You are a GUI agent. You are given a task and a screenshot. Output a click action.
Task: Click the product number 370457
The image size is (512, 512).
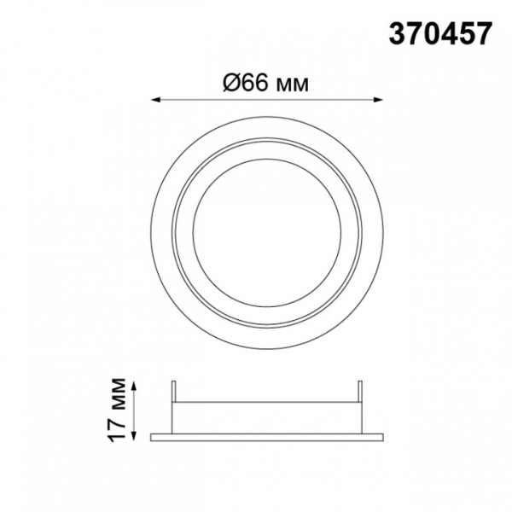[x=439, y=33]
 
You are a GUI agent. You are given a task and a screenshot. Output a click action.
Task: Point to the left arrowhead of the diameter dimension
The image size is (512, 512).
[x=154, y=100]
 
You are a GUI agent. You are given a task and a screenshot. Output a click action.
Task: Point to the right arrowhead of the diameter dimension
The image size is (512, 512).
[x=379, y=100]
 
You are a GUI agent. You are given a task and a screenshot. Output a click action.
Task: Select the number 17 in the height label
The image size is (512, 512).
[x=118, y=429]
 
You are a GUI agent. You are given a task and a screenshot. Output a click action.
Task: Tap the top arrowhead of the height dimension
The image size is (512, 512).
[x=134, y=387]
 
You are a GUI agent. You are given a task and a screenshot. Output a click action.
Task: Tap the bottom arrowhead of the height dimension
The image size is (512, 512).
[x=134, y=436]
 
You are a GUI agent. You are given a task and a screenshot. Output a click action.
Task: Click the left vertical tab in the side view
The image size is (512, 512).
[x=174, y=391]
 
